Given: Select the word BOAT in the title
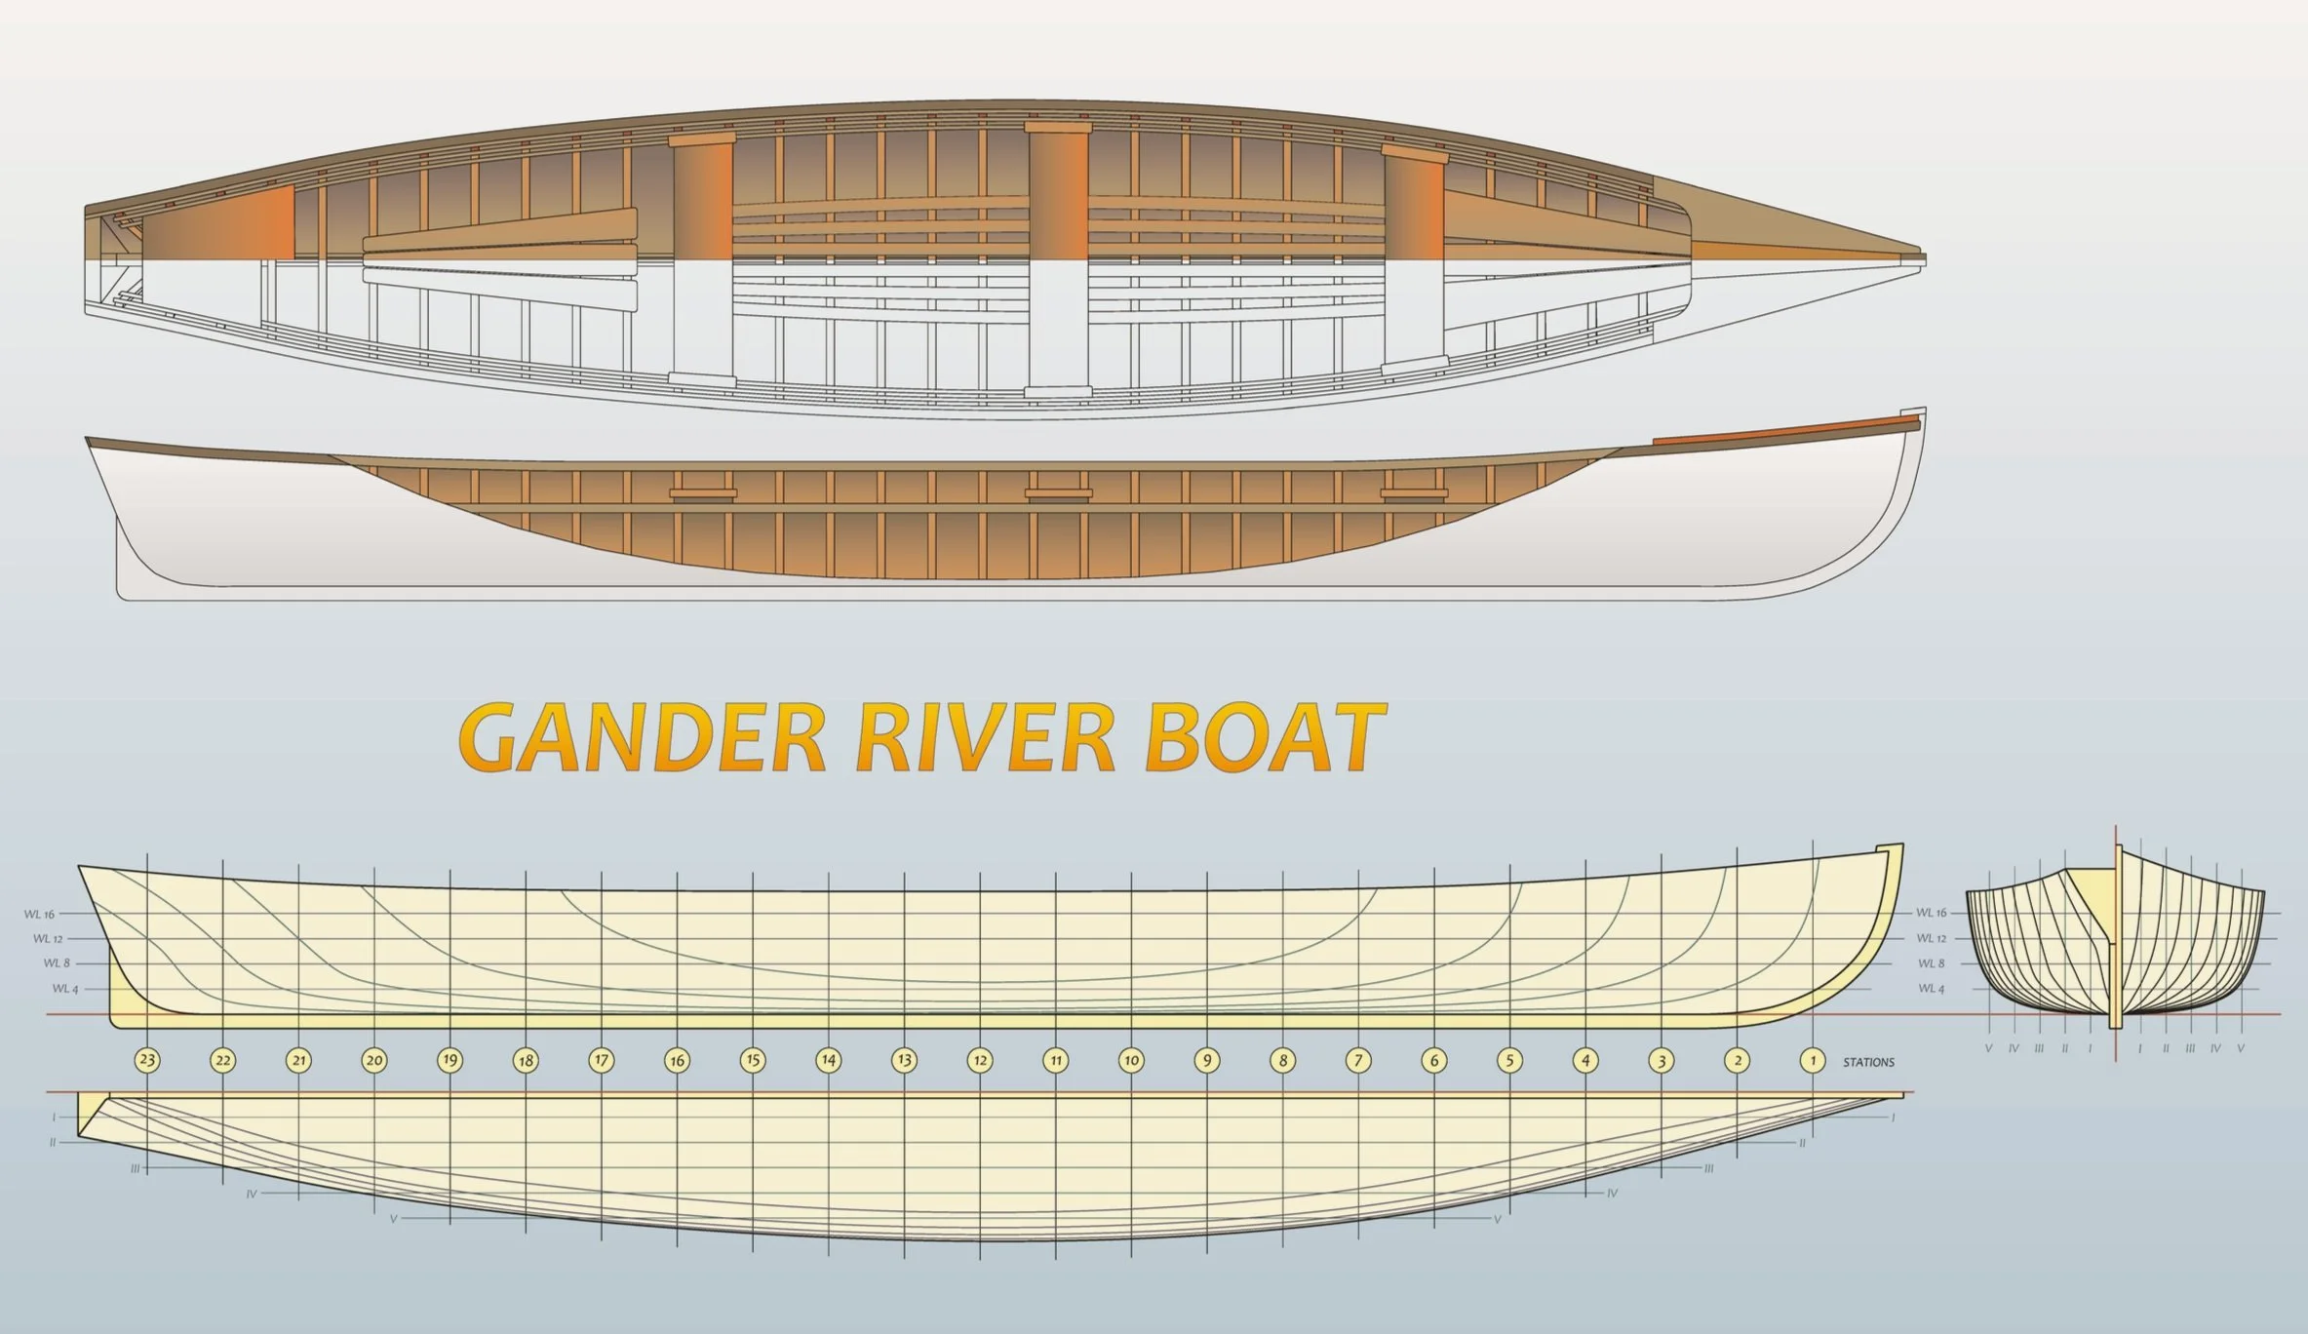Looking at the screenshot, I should pos(1265,738).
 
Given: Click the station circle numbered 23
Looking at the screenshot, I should pos(147,1060).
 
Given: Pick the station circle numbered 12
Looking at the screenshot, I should pos(980,1060).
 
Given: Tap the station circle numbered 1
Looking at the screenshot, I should pos(1813,1060).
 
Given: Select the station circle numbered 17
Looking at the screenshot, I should pos(602,1060).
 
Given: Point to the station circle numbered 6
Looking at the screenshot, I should pos(1433,1060).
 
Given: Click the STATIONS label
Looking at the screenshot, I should pos(1868,1062).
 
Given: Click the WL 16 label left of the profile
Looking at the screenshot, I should pos(40,915).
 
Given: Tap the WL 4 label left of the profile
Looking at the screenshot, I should pos(64,989).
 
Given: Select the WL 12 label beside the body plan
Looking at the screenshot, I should pos(1931,938).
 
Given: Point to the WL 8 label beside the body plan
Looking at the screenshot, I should pos(1931,963).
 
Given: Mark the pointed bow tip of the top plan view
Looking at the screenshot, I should pos(1923,258).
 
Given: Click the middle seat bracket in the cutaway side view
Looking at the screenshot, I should pos(1058,493).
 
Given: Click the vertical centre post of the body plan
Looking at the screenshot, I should pos(2116,936).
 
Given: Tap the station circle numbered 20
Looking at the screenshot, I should pos(374,1060).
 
